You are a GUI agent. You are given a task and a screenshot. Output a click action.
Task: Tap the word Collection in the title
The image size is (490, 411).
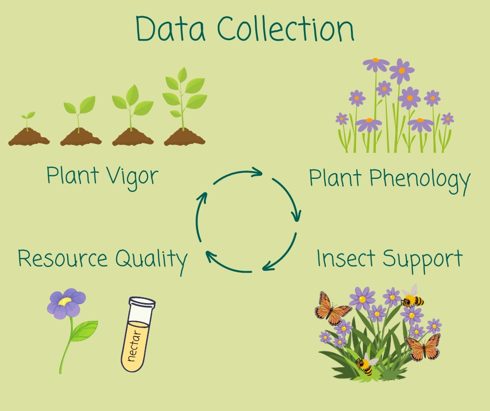pos(286,29)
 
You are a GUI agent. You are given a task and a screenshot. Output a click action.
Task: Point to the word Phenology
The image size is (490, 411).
pos(420,179)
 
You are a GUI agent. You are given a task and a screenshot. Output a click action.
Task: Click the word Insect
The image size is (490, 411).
pos(347,259)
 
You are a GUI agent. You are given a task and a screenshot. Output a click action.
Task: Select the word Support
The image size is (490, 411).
pos(423,260)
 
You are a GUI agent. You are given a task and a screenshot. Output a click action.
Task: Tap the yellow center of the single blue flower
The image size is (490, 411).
pos(65,301)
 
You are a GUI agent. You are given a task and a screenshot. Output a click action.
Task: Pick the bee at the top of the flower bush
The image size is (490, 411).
pos(412,298)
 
